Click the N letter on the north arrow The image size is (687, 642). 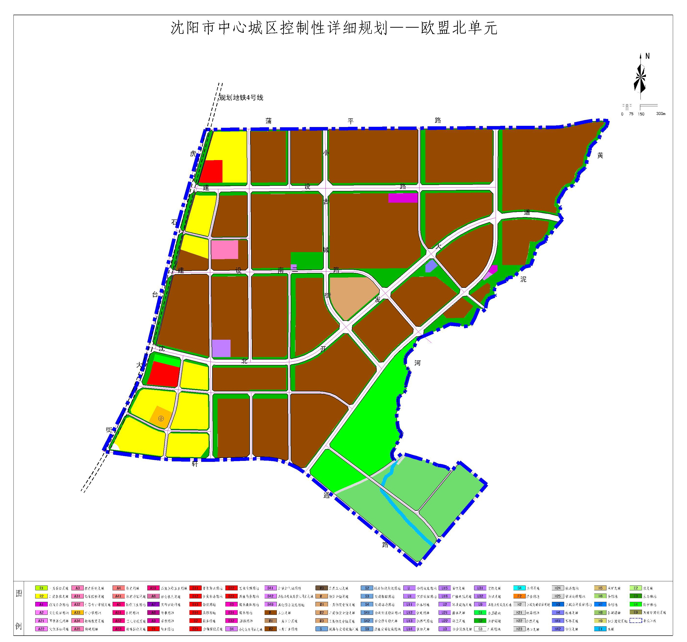[x=647, y=56]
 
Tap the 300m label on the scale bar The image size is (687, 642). [x=660, y=114]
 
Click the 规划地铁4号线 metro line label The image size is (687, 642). [x=241, y=98]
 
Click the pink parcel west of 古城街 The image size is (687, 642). [x=225, y=249]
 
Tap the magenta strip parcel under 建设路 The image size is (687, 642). [x=403, y=198]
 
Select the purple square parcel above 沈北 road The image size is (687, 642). [x=221, y=348]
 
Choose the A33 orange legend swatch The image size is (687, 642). [x=77, y=613]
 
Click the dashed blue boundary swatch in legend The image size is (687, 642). [x=635, y=621]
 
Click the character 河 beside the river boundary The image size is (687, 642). [x=418, y=363]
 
